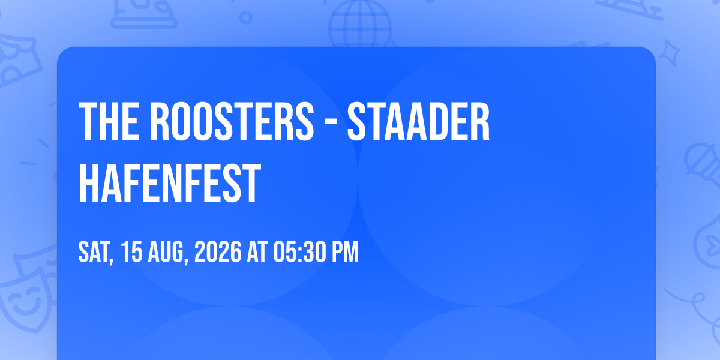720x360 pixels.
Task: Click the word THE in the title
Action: pos(109,121)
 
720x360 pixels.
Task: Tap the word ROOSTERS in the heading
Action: pos(232,121)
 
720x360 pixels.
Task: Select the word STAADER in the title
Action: pos(419,121)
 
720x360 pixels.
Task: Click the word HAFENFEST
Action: pos(170,183)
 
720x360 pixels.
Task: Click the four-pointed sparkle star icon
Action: pos(669,53)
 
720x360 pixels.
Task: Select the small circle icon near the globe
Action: pos(246,17)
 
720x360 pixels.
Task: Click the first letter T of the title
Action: pos(86,121)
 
